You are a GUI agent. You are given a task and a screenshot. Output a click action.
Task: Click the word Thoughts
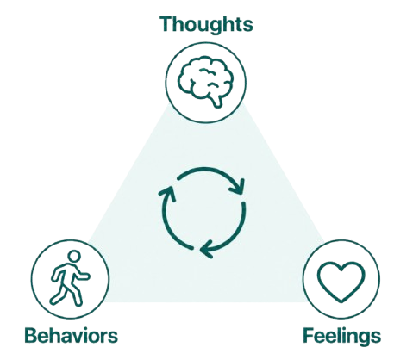[206, 25]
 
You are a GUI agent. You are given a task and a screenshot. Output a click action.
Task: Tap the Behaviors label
[72, 335]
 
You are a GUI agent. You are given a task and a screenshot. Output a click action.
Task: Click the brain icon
[204, 82]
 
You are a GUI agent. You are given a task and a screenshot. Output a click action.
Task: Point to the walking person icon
[70, 278]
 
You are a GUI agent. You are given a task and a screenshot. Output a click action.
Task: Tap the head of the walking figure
[74, 256]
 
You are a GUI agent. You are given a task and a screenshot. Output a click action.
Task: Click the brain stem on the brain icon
[216, 102]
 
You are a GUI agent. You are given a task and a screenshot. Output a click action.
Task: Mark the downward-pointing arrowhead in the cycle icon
[238, 187]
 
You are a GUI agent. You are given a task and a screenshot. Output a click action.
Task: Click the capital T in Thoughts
[167, 23]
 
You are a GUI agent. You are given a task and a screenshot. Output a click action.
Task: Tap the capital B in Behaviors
[32, 335]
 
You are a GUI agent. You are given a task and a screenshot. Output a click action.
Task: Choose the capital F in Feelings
[309, 335]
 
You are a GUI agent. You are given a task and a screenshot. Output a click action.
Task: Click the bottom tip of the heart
[341, 301]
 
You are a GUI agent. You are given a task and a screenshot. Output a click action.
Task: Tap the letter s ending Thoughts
[247, 26]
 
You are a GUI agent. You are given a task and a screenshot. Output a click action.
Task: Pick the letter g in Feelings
[363, 339]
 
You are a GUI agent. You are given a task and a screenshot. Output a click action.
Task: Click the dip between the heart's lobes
[341, 270]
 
